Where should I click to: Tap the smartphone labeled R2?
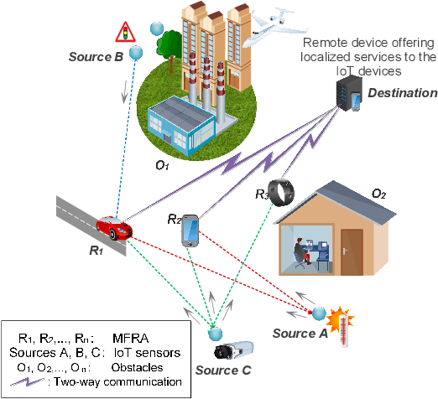click(190, 231)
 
